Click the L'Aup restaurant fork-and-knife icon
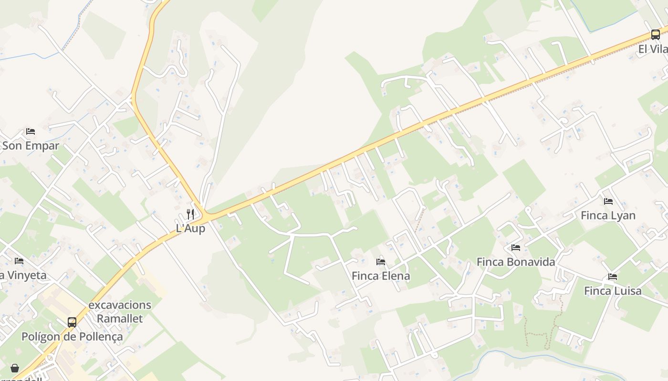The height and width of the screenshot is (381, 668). click(x=190, y=214)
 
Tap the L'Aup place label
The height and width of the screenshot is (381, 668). click(x=191, y=229)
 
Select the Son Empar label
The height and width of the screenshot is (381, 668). click(x=31, y=146)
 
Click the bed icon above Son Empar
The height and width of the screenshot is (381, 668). click(x=31, y=131)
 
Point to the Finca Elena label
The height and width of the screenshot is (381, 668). click(x=381, y=276)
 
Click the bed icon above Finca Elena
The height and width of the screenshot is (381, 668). click(x=381, y=261)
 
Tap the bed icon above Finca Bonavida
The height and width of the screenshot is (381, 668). click(x=516, y=248)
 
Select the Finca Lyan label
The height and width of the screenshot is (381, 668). click(x=608, y=215)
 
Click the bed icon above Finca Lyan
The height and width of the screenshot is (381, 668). click(x=608, y=201)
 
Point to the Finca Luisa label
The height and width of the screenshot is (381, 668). click(x=613, y=291)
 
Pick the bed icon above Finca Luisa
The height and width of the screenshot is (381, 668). click(x=613, y=276)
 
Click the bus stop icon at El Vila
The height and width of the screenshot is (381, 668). click(x=656, y=34)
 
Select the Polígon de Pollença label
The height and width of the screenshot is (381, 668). click(x=72, y=337)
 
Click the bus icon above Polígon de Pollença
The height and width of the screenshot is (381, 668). click(x=72, y=322)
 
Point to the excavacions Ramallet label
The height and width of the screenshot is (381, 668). click(x=120, y=311)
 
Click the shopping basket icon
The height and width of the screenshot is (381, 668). click(x=15, y=368)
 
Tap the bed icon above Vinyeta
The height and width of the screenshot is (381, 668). click(x=19, y=261)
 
